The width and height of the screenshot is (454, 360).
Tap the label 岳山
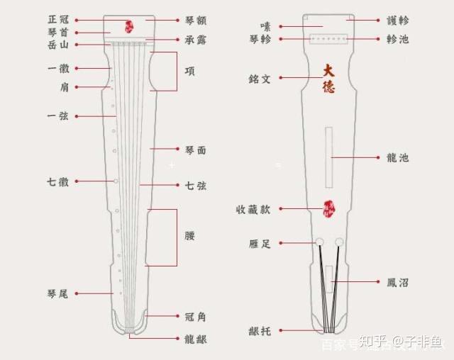tap(57, 45)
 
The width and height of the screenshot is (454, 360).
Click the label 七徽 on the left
tap(57, 181)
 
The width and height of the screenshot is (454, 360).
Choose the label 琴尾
tap(57, 293)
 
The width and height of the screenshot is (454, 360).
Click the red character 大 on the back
tap(328, 71)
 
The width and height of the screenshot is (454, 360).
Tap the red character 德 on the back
tap(328, 86)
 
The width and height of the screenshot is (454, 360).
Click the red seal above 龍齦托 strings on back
tap(328, 208)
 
